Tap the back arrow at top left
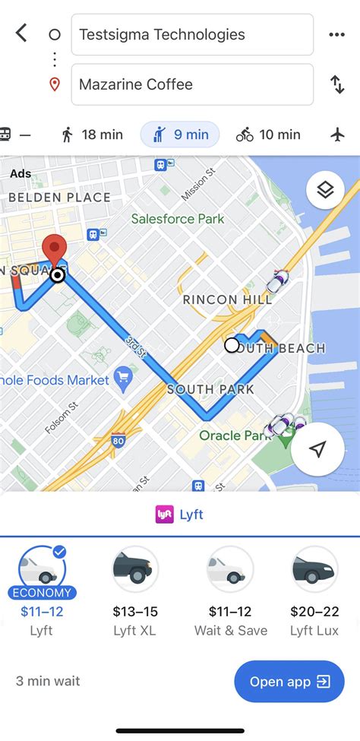pos(21,33)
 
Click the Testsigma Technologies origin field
pos(191,34)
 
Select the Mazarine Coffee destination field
pos(191,84)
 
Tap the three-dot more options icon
pos(336,34)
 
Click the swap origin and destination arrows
pos(337,84)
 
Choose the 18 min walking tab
pos(91,135)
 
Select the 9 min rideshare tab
pos(180,135)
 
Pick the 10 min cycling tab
pos(268,135)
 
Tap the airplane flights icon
pos(338,135)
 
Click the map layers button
pos(325,190)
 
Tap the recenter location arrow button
pos(317,449)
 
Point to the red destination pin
pos(53,252)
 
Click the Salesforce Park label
pos(178,219)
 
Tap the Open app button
pos(289,682)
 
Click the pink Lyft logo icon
pos(164,515)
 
